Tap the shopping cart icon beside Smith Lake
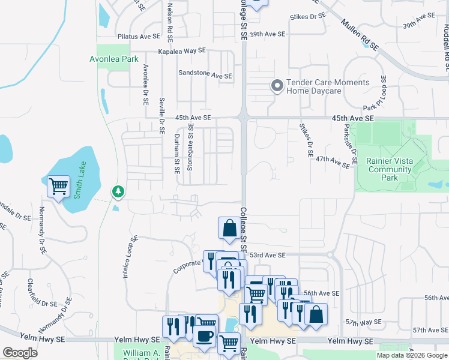tap(58, 186)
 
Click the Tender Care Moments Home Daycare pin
tap(277, 86)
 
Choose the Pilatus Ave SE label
tap(143, 37)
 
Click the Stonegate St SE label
tap(190, 148)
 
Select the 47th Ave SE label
tap(333, 161)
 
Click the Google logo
tap(20, 352)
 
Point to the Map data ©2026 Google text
tap(411, 355)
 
